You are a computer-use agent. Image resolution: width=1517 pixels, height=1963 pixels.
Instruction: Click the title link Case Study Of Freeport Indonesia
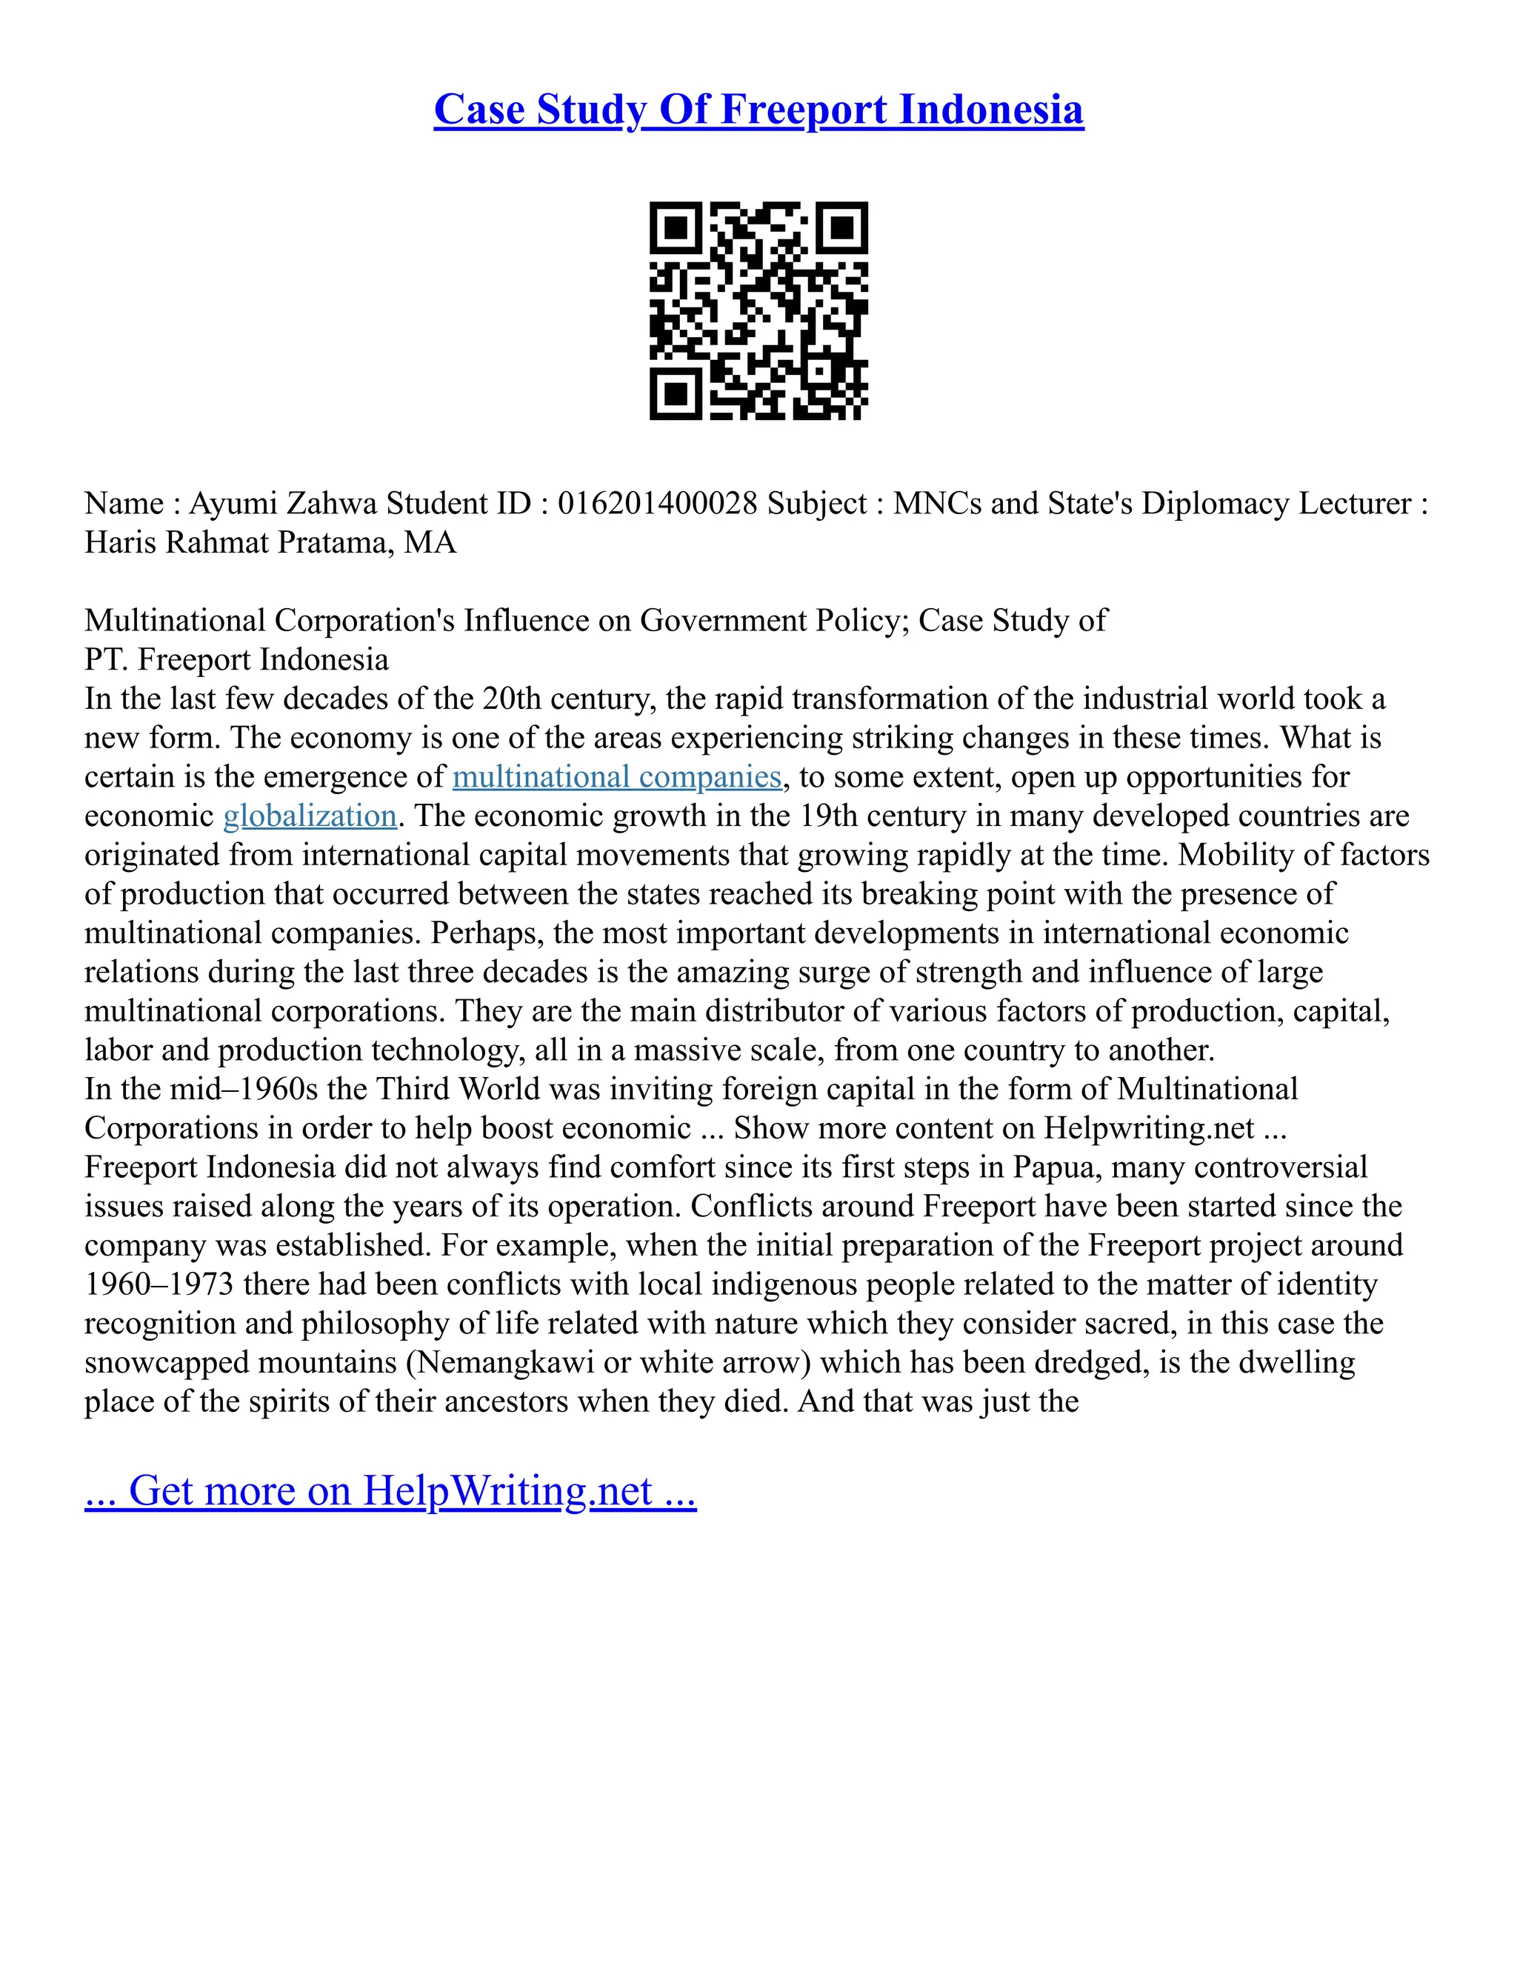click(x=758, y=110)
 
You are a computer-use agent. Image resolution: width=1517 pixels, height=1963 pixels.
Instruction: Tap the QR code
click(x=758, y=310)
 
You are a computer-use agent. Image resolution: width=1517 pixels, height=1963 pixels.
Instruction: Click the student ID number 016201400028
click(x=658, y=503)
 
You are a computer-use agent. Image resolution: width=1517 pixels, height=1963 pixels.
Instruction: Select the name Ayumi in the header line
click(x=233, y=503)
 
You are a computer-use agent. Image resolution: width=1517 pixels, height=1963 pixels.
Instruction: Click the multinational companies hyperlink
click(x=616, y=776)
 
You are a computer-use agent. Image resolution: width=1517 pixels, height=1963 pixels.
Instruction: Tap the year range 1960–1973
click(x=159, y=1284)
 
